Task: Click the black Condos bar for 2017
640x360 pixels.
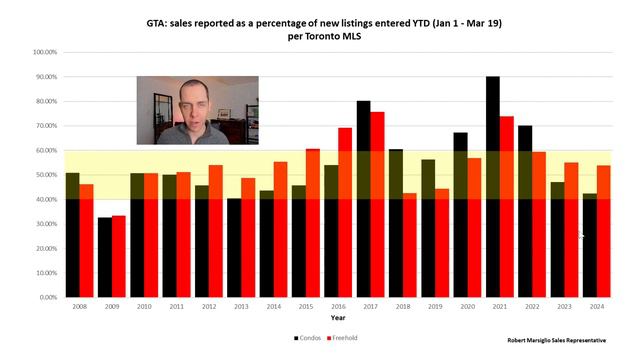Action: (x=363, y=199)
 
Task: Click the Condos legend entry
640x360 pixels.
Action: (x=306, y=338)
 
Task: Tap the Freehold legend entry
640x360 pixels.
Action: (x=342, y=338)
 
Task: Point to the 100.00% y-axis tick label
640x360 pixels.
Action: (x=45, y=52)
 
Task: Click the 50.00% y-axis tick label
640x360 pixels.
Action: (x=46, y=175)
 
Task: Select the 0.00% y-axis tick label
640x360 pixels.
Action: (x=48, y=298)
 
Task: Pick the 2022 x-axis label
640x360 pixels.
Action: (x=533, y=308)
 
